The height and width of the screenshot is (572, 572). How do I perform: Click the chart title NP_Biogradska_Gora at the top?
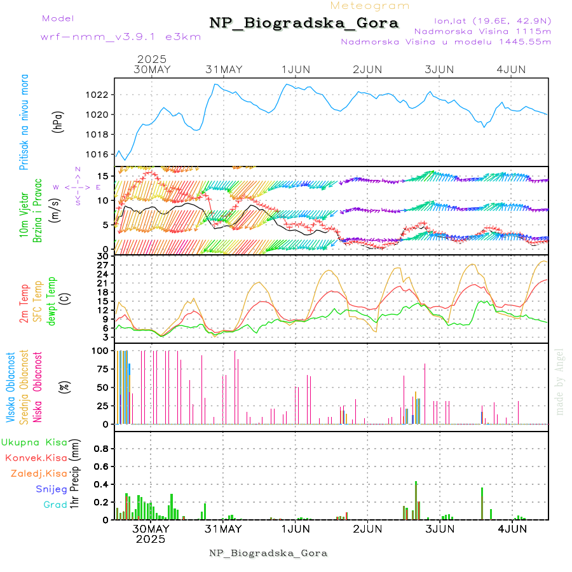point(304,24)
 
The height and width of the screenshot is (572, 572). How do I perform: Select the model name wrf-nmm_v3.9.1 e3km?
point(121,36)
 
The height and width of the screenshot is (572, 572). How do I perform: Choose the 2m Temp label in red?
point(24,304)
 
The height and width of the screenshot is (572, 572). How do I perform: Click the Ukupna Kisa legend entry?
point(34,442)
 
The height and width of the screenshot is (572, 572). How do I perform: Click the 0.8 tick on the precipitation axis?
point(102,448)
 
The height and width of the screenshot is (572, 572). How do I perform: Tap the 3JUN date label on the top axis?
point(439,69)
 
